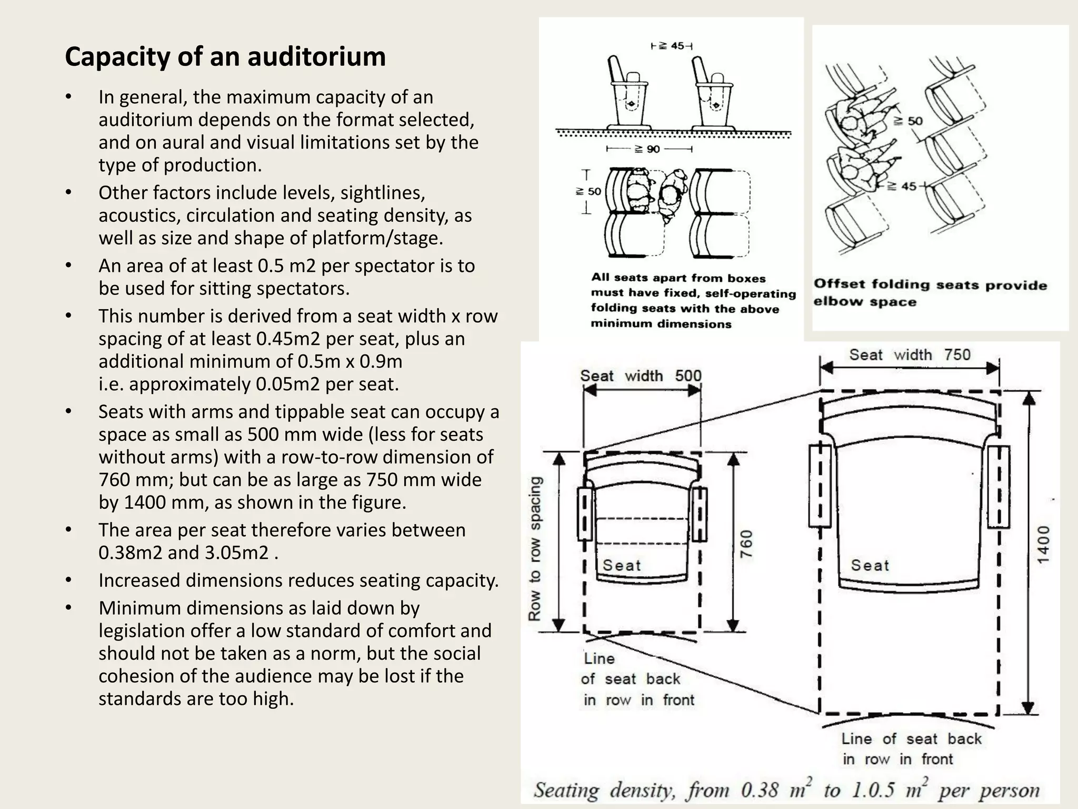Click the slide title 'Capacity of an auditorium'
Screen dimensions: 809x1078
(x=225, y=57)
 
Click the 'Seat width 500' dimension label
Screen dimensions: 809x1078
(x=640, y=376)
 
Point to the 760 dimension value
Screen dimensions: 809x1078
(x=746, y=544)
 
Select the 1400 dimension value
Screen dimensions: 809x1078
(x=1043, y=544)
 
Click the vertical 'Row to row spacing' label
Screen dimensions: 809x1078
(x=535, y=548)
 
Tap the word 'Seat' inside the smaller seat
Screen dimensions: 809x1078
(x=622, y=566)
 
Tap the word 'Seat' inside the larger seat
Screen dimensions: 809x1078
(x=870, y=566)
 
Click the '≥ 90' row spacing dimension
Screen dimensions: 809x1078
(x=648, y=149)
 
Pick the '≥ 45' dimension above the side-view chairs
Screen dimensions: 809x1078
(x=671, y=46)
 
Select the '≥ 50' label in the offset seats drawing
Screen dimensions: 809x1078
(x=909, y=121)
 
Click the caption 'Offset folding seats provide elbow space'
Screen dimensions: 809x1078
(x=930, y=293)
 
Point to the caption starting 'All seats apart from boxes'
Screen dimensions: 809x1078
(x=692, y=300)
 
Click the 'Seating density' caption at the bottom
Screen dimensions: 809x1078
(x=786, y=790)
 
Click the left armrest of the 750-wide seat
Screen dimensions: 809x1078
(x=820, y=486)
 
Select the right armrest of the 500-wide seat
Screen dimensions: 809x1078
(x=699, y=514)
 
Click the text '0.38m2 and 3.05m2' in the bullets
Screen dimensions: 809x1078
(x=188, y=553)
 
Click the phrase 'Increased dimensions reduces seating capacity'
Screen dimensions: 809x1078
(x=298, y=580)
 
